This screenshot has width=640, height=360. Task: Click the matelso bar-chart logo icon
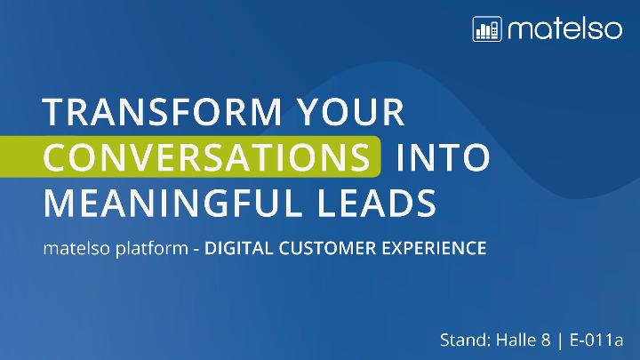[x=487, y=29]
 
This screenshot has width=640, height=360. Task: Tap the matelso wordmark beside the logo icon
[x=565, y=29]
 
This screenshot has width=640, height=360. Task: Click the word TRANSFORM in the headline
[x=163, y=111]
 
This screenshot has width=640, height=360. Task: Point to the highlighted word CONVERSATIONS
[x=206, y=156]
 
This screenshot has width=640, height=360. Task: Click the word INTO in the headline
[x=443, y=156]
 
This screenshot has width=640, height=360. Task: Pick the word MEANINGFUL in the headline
[x=172, y=203]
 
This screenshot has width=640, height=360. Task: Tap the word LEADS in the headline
[x=377, y=203]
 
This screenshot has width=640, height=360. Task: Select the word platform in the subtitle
[x=152, y=249]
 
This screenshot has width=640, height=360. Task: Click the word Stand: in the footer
[x=465, y=340]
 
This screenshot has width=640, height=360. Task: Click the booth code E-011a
[x=596, y=340]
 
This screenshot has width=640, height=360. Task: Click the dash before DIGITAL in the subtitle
[x=196, y=250]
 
